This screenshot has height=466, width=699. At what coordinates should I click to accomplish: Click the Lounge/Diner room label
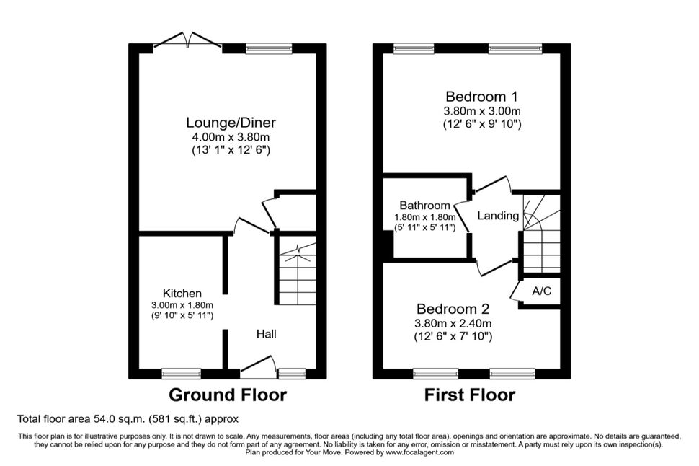(231, 123)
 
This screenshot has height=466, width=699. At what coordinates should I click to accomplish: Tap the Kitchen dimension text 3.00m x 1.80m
(182, 305)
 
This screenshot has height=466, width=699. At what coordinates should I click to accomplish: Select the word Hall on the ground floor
(266, 334)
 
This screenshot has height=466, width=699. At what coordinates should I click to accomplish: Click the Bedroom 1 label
(482, 97)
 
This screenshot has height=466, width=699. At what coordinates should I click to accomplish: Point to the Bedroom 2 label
(453, 309)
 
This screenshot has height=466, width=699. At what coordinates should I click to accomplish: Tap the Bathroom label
(425, 206)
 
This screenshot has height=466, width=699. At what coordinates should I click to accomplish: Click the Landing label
(498, 216)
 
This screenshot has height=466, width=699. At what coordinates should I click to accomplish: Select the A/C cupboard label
(542, 291)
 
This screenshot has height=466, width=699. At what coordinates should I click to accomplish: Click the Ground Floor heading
(228, 395)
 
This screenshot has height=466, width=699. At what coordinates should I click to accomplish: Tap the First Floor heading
(469, 395)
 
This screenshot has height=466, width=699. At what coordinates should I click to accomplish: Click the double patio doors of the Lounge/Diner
(187, 40)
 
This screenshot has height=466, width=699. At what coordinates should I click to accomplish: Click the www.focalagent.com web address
(420, 452)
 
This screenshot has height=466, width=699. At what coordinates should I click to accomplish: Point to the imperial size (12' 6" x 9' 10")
(482, 124)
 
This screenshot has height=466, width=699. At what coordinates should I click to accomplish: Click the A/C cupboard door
(516, 291)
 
